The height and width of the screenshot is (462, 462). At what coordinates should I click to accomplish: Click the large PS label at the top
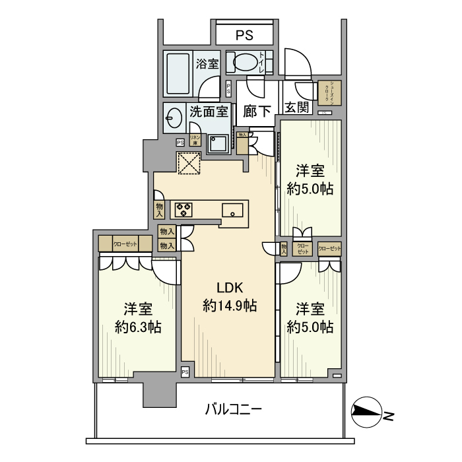[244, 35]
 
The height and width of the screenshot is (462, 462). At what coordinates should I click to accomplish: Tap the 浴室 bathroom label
[207, 64]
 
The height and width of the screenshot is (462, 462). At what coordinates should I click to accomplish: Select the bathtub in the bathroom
[178, 73]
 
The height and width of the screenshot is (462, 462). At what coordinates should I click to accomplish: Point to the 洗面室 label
[209, 112]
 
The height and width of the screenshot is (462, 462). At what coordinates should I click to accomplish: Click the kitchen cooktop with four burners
[183, 210]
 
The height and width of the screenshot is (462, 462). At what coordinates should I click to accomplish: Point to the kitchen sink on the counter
[232, 211]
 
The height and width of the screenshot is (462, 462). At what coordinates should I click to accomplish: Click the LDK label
[228, 287]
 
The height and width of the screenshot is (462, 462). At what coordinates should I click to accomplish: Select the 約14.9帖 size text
[228, 306]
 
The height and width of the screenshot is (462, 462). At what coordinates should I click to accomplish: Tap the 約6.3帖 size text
[137, 327]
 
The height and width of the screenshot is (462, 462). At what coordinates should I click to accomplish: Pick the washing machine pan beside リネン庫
[218, 143]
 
